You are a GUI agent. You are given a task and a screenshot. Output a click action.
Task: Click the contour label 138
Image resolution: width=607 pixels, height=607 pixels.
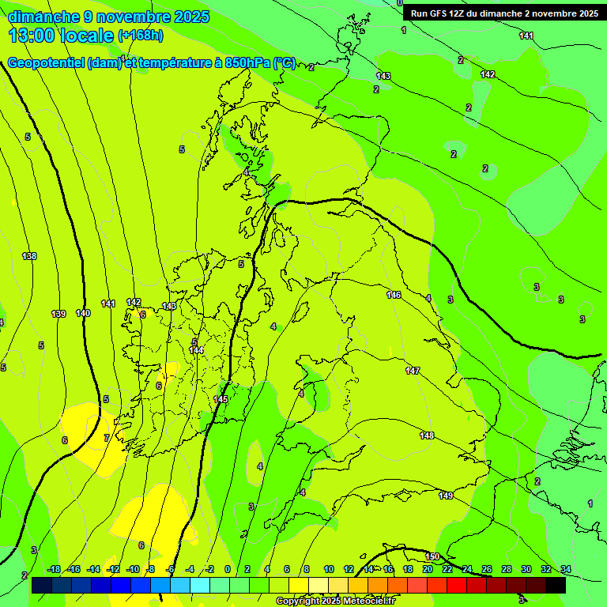(x=29, y=256)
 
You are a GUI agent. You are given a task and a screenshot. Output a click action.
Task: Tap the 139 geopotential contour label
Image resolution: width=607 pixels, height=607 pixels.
(x=58, y=314)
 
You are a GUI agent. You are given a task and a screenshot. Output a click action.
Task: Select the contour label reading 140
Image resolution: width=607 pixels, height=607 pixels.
(x=83, y=313)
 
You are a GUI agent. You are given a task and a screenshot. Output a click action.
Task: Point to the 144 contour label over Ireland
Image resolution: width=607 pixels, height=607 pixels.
(x=197, y=350)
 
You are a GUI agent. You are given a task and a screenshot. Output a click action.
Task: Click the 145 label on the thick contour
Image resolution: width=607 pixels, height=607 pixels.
(x=221, y=399)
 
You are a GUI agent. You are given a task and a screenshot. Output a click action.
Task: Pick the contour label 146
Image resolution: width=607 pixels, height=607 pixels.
(x=394, y=295)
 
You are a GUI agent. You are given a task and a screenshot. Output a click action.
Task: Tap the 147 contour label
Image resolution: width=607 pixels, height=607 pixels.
(x=413, y=371)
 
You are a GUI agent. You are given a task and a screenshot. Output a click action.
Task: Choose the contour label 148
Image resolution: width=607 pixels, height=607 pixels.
(x=428, y=435)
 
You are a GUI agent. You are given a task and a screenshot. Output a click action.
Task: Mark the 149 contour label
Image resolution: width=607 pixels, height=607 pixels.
(x=446, y=495)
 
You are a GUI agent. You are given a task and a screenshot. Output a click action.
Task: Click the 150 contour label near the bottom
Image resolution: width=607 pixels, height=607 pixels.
(x=432, y=556)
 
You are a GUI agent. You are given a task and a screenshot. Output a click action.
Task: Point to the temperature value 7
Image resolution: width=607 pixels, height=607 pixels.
(x=107, y=438)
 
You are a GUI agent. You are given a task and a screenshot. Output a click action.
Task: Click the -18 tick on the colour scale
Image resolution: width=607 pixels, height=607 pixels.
(x=55, y=569)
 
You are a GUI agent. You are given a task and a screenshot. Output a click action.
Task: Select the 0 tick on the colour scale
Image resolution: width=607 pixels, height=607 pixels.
(x=228, y=569)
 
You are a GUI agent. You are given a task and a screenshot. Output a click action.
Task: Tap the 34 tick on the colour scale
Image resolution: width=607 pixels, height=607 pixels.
(x=566, y=569)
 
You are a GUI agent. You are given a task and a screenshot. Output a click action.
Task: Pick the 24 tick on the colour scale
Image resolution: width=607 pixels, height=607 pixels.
(x=467, y=569)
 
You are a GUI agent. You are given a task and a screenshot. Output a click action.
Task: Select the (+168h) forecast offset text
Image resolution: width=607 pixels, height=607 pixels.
(x=141, y=36)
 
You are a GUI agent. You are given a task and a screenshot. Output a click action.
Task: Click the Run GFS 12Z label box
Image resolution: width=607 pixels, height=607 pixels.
(x=503, y=13)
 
